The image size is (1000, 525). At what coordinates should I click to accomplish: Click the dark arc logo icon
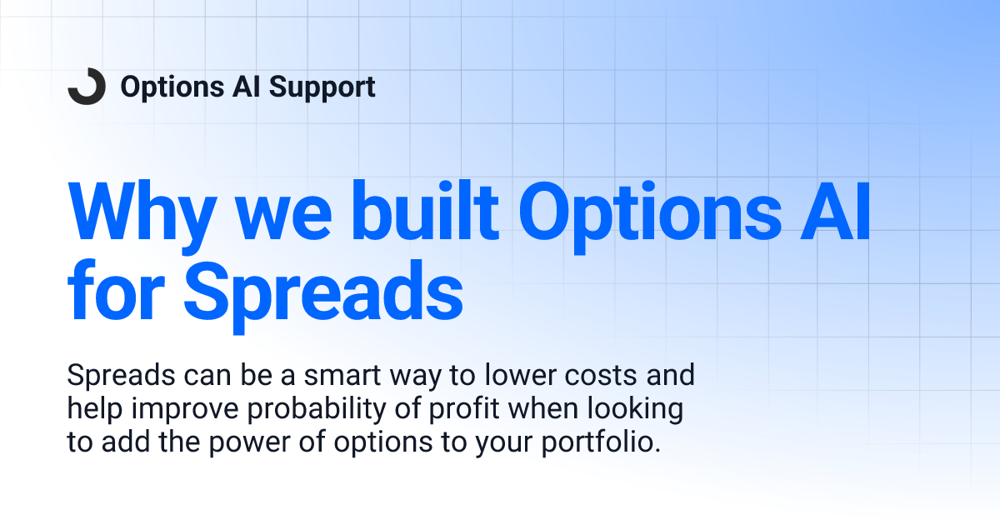tap(87, 87)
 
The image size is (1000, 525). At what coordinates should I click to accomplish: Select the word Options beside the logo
tap(171, 87)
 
